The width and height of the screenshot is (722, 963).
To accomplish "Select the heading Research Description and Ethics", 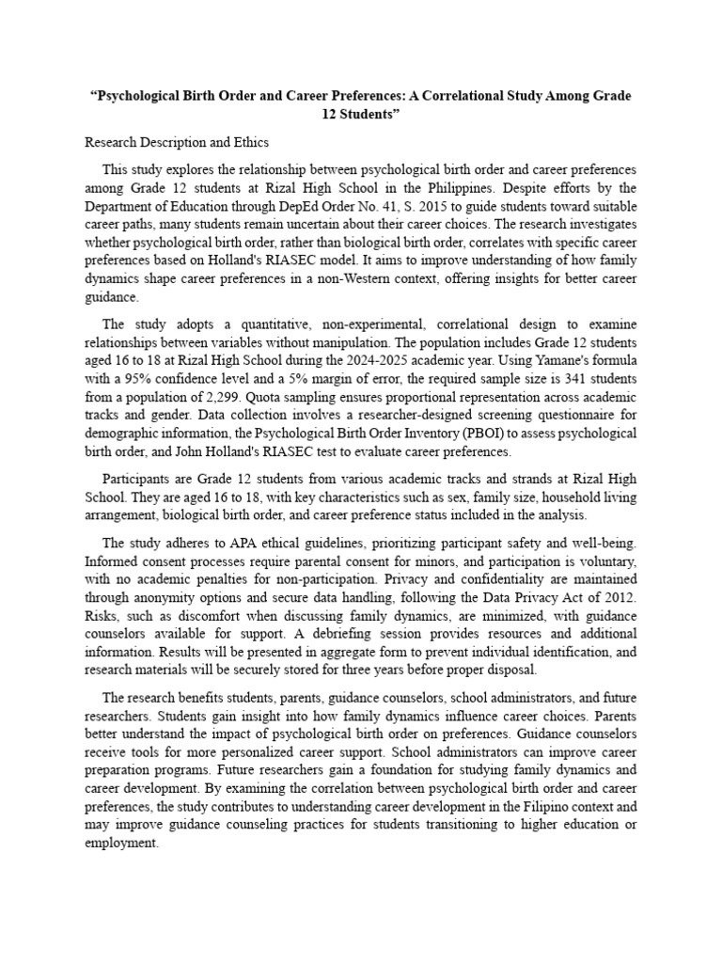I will [x=177, y=143].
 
